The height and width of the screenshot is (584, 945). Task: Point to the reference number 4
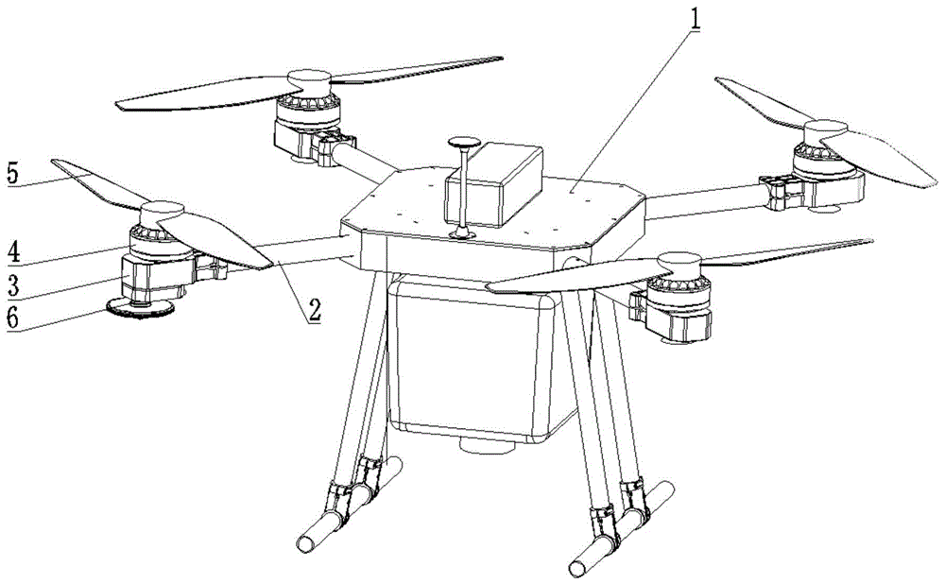pos(11,253)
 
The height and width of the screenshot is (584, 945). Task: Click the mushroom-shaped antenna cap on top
pos(464,145)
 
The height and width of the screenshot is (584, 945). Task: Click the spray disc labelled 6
pos(139,306)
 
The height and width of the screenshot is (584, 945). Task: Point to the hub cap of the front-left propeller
pos(160,212)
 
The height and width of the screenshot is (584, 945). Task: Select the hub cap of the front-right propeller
pos(679,259)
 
